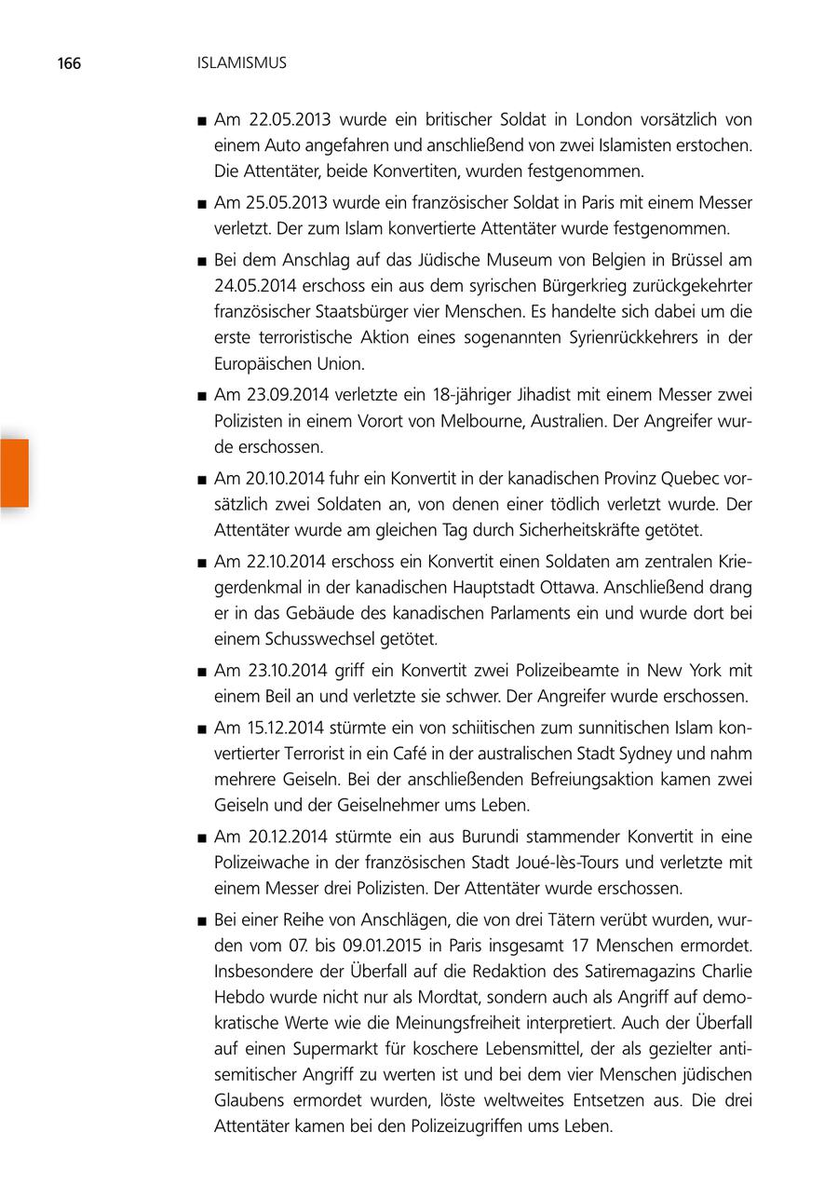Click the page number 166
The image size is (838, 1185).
69,63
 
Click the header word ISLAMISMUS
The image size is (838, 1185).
242,63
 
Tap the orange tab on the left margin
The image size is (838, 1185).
14,473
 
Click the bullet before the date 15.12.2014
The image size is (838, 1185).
200,729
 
